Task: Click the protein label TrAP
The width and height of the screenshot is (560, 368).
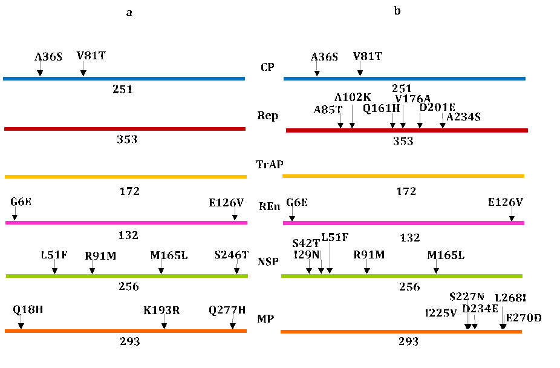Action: pos(270,164)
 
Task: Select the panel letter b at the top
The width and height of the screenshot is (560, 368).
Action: pos(397,11)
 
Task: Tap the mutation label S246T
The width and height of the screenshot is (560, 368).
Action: pos(231,255)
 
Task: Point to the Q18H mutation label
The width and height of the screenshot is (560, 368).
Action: pos(28,310)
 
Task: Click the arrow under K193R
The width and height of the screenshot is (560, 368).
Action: pos(164,325)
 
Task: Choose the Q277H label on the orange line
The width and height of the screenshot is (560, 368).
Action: pos(227,310)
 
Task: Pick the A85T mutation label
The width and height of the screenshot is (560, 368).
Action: pos(328,110)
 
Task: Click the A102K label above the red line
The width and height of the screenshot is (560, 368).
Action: pos(353,97)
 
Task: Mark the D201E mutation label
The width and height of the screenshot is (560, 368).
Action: pos(437,107)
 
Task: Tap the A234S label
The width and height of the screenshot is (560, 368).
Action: pos(463,117)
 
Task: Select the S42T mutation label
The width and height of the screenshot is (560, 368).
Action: pos(305,243)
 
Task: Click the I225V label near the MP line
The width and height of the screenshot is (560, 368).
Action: pos(441,313)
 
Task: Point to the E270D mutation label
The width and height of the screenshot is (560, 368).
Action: pos(524,318)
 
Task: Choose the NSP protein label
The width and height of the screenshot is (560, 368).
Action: pos(268,262)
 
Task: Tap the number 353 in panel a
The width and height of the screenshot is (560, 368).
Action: pos(127,140)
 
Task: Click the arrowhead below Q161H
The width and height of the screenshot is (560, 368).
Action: pos(392,125)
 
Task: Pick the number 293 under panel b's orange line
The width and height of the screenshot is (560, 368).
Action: pos(408,342)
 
